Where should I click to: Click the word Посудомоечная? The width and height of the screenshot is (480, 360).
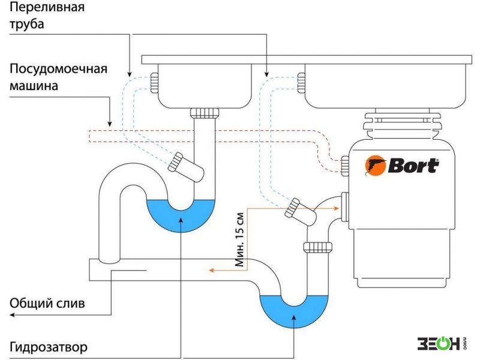click(x=58, y=68)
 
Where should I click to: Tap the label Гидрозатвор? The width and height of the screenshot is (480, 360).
click(x=49, y=347)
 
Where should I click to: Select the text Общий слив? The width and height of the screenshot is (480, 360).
click(x=47, y=303)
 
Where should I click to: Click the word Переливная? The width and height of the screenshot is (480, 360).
click(x=47, y=7)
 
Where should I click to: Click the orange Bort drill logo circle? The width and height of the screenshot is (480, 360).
click(x=374, y=166)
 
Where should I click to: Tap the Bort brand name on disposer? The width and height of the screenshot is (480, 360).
click(x=413, y=166)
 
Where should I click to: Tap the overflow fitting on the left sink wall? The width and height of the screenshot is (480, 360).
click(x=154, y=83)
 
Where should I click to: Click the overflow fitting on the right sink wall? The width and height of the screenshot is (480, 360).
click(x=301, y=83)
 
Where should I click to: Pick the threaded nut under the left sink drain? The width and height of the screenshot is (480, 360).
click(x=205, y=113)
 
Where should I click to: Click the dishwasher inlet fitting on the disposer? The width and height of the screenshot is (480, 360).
click(x=345, y=166)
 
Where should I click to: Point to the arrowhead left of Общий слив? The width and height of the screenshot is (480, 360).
click(x=13, y=315)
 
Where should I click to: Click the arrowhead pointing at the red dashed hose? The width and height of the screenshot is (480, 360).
click(x=109, y=124)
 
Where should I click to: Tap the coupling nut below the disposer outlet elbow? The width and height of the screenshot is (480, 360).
click(x=318, y=247)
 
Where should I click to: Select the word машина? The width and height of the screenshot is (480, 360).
click(x=34, y=85)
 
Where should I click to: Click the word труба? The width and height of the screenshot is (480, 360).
click(x=26, y=24)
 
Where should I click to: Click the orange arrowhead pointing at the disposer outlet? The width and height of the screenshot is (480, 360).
click(x=336, y=208)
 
